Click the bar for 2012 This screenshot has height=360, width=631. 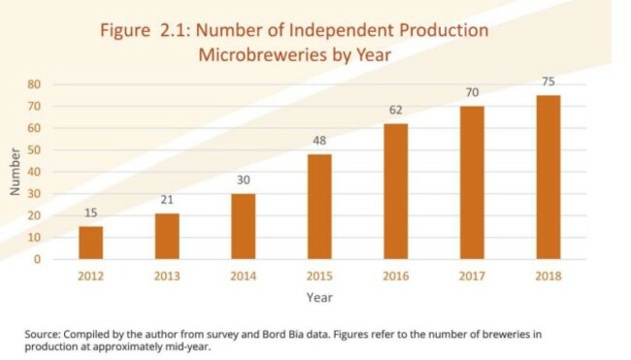click(x=90, y=243)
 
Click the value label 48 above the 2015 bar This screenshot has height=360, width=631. click(x=318, y=141)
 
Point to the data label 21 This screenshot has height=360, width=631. click(x=166, y=200)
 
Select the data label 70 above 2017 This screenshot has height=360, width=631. click(x=472, y=92)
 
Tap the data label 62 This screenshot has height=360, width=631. click(x=395, y=110)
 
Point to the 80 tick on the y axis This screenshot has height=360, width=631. click(x=33, y=84)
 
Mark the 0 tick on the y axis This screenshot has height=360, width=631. click(x=37, y=260)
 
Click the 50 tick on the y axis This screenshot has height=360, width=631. click(x=33, y=150)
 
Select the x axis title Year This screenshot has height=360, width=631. click(x=319, y=297)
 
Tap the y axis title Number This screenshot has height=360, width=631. click(x=15, y=173)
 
